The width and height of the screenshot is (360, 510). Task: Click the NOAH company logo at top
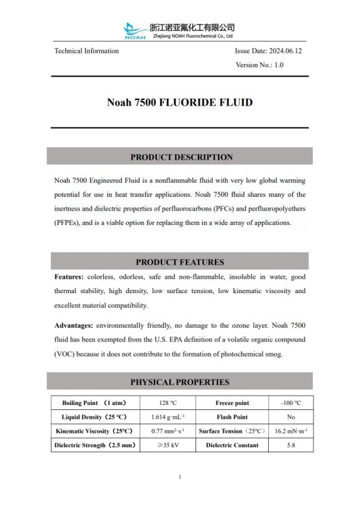135,30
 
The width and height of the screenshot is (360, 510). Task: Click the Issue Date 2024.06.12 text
268,51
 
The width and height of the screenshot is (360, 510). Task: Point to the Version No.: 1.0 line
259,65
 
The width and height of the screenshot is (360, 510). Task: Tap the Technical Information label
86,51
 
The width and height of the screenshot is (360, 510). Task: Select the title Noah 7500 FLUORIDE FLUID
179,102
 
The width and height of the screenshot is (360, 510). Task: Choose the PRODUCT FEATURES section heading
180,262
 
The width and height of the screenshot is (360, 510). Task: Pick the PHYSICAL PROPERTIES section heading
179,382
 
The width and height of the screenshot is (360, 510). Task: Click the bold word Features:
69,276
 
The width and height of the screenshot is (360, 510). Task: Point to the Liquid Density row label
94,417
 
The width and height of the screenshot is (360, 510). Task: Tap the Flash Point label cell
232,417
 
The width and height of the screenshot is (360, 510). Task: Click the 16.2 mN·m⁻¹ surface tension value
290,431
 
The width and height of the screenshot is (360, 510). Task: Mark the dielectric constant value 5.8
290,445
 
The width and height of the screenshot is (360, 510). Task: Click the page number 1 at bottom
179,477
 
